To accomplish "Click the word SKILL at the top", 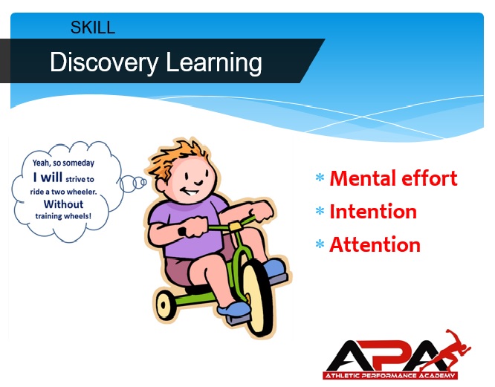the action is click(x=93, y=27).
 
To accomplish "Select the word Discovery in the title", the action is click(x=104, y=63).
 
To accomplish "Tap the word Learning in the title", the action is click(x=214, y=63).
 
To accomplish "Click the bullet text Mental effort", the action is click(x=393, y=178).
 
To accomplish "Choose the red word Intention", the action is click(x=373, y=211).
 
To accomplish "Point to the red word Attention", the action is click(x=375, y=244).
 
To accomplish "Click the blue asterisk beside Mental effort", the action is click(x=320, y=178).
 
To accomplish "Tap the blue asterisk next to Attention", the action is click(x=320, y=244).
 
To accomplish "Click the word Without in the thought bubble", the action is click(x=63, y=204).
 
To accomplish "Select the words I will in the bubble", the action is click(x=48, y=178).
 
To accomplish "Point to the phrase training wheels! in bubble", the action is click(x=63, y=216).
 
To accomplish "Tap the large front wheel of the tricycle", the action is click(x=256, y=297).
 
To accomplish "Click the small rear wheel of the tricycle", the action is click(x=164, y=305).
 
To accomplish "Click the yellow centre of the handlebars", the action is click(x=235, y=226).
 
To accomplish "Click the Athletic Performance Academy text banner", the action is click(x=390, y=375).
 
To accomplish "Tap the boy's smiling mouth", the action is click(x=190, y=191).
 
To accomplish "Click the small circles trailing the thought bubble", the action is click(x=133, y=183).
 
